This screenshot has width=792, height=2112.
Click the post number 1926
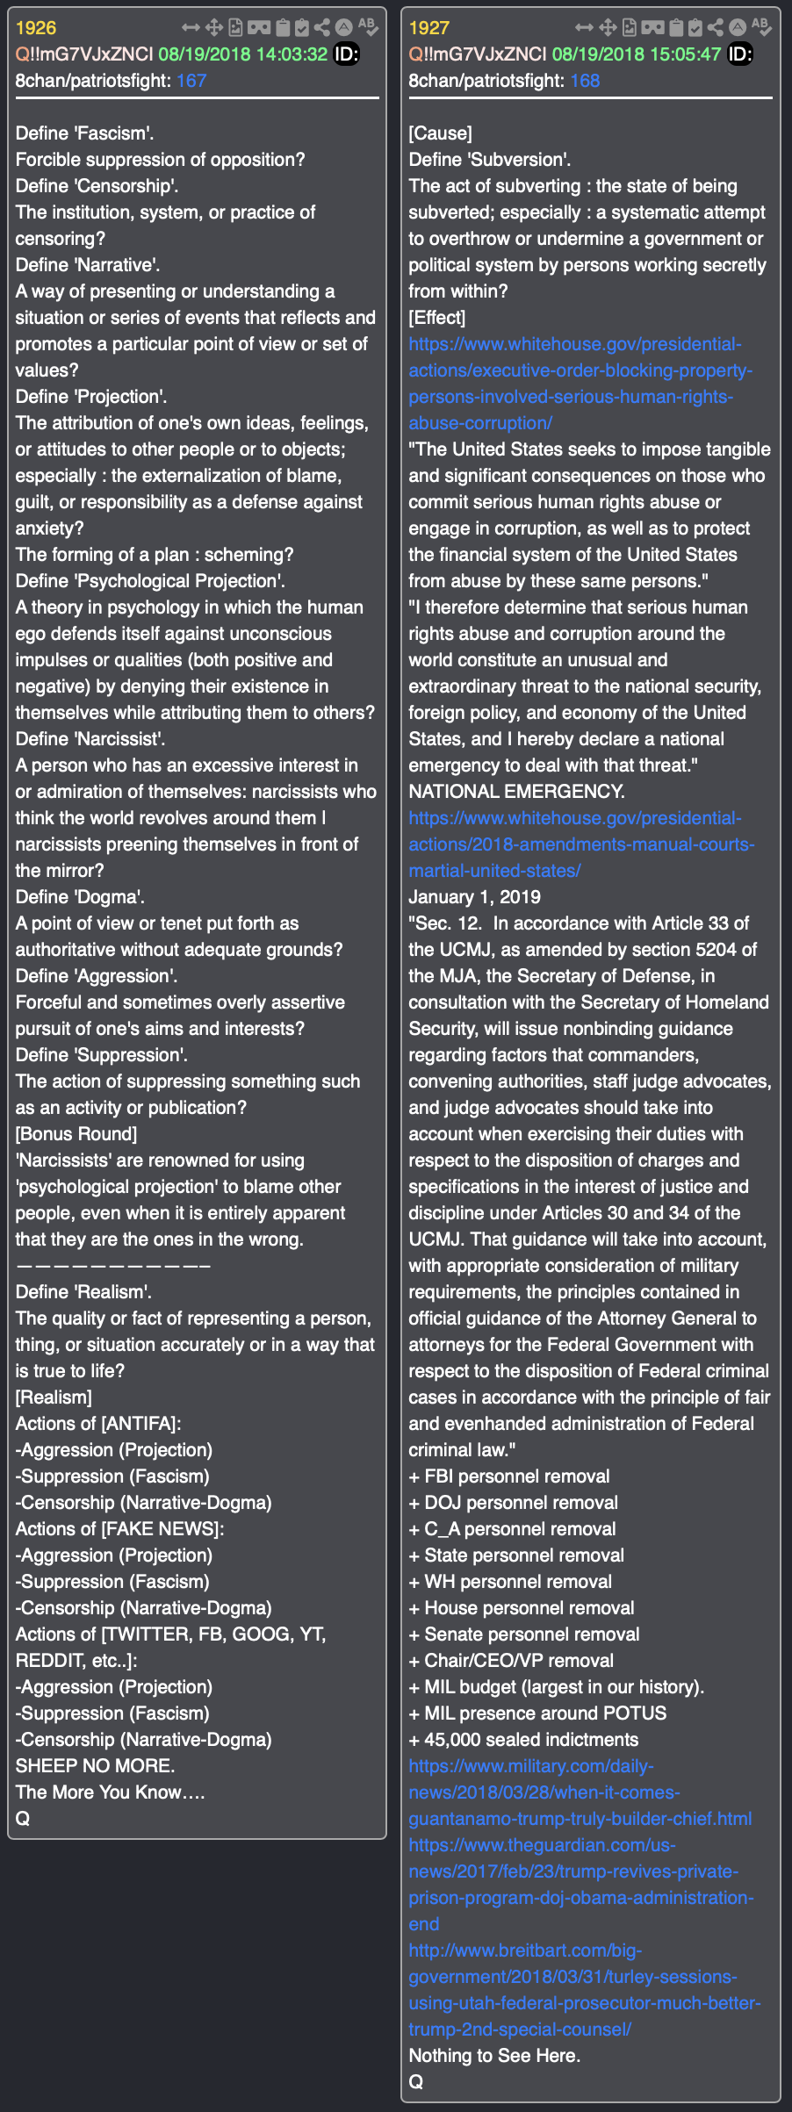[x=35, y=28]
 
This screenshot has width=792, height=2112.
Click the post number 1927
[x=428, y=28]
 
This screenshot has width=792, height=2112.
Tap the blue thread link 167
[x=191, y=81]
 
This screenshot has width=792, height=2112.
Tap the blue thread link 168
[x=585, y=81]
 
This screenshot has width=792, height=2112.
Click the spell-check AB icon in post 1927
[x=761, y=26]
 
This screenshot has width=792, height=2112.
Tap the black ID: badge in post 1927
[x=740, y=54]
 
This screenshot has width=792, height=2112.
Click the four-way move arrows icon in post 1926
[x=213, y=28]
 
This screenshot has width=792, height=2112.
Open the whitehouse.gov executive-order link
[x=575, y=383]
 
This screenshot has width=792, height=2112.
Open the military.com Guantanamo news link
[x=580, y=1792]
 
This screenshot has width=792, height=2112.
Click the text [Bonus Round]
[x=76, y=1134]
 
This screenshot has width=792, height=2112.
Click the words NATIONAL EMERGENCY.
[x=516, y=792]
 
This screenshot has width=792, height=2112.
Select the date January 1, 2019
[x=474, y=897]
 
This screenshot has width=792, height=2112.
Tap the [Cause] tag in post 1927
[x=440, y=133]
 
